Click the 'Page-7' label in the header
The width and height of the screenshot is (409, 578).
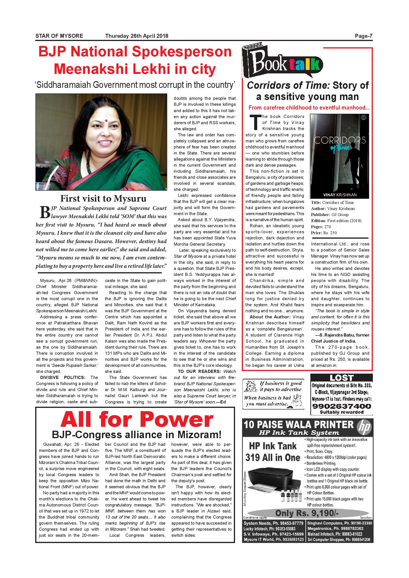(x=363, y=36)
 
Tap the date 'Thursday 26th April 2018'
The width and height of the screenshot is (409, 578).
(x=136, y=36)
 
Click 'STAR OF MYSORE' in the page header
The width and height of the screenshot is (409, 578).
(x=59, y=36)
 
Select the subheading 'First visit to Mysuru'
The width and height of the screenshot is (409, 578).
(x=103, y=199)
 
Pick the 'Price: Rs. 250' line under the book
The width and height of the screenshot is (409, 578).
(x=324, y=233)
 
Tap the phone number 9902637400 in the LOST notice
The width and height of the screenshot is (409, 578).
(x=342, y=406)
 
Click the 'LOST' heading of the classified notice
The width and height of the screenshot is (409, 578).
(x=342, y=378)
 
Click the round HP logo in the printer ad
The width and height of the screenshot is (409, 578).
(x=364, y=427)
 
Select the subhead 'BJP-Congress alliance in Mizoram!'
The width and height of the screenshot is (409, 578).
(x=136, y=435)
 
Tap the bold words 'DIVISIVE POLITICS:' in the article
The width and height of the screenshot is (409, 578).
(x=63, y=377)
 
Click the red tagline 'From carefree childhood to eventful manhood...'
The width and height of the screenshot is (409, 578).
(x=309, y=108)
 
